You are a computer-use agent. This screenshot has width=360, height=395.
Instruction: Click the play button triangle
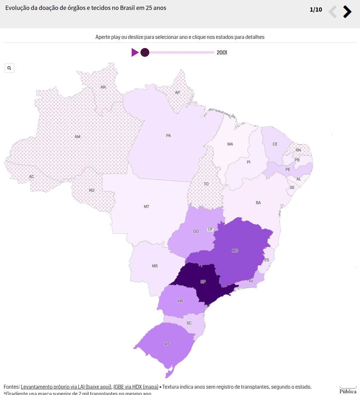pos(135,53)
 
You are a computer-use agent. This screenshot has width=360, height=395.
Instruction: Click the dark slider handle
pos(145,53)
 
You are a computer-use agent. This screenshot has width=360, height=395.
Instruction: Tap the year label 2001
pos(222,53)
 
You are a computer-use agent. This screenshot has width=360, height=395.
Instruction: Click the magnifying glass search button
pos(10,68)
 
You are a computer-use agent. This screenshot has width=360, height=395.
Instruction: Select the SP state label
pos(203,282)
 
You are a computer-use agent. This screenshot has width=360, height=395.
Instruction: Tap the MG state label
pos(235,251)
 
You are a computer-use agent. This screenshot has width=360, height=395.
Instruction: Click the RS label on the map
pos(167,344)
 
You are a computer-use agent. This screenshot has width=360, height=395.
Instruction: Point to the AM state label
pos(77,137)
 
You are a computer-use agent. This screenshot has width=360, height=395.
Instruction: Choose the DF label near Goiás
pos(211,229)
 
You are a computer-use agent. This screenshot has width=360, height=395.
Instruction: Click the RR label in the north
pos(103,87)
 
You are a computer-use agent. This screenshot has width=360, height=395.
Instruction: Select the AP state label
pos(178,92)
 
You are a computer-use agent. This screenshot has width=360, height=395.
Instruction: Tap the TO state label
pos(206,184)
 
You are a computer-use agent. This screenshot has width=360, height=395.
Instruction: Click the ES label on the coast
pos(266,260)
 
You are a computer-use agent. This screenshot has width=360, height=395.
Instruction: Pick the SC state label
pos(189,323)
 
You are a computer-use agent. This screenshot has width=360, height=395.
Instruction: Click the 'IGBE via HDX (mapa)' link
pos(136,387)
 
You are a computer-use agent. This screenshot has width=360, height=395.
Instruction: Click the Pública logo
pos(348,390)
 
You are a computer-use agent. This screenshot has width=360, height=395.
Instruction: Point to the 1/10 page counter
pos(316,10)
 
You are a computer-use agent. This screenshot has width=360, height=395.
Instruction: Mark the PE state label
pos(288,169)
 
